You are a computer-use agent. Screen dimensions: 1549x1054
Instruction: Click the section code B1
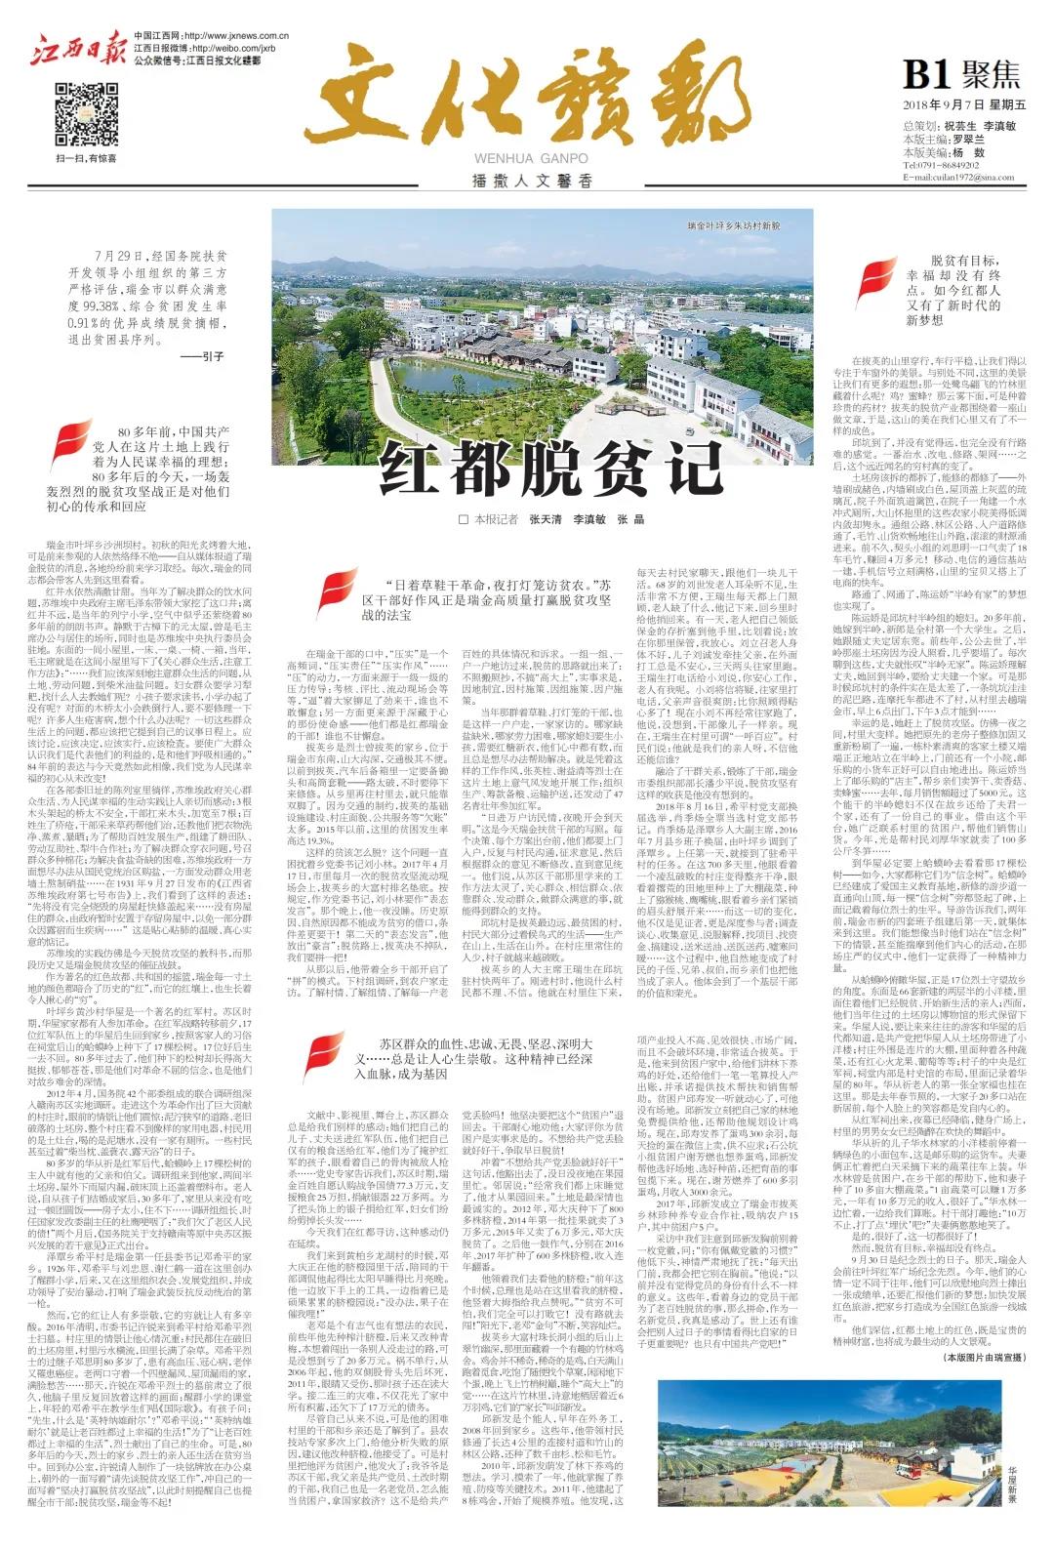(927, 74)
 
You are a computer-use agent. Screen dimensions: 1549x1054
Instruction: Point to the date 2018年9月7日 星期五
(952, 104)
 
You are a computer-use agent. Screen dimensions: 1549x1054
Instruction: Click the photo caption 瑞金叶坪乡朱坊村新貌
(734, 225)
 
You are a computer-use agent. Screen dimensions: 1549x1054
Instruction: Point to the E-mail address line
(946, 178)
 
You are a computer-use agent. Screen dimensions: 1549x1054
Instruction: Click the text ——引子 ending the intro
(202, 357)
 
